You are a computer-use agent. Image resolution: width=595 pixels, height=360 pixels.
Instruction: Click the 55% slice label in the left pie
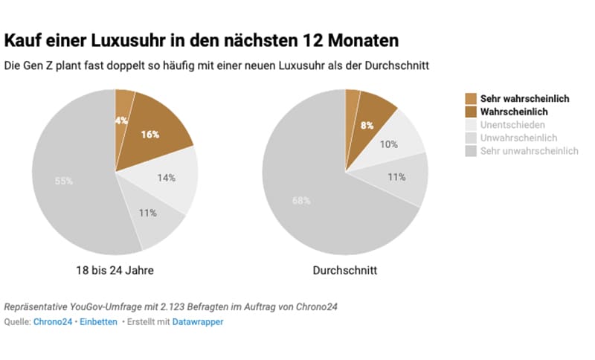click(x=64, y=181)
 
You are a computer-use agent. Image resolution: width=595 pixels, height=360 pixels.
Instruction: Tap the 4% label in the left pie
click(x=120, y=120)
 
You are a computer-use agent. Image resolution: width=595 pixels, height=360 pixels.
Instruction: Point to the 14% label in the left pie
click(x=167, y=178)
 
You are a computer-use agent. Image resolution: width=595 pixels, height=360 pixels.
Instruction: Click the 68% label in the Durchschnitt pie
click(x=301, y=200)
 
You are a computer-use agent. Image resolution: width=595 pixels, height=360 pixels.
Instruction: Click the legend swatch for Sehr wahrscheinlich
click(x=470, y=98)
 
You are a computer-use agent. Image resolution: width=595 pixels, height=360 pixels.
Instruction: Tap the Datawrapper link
click(x=198, y=321)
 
